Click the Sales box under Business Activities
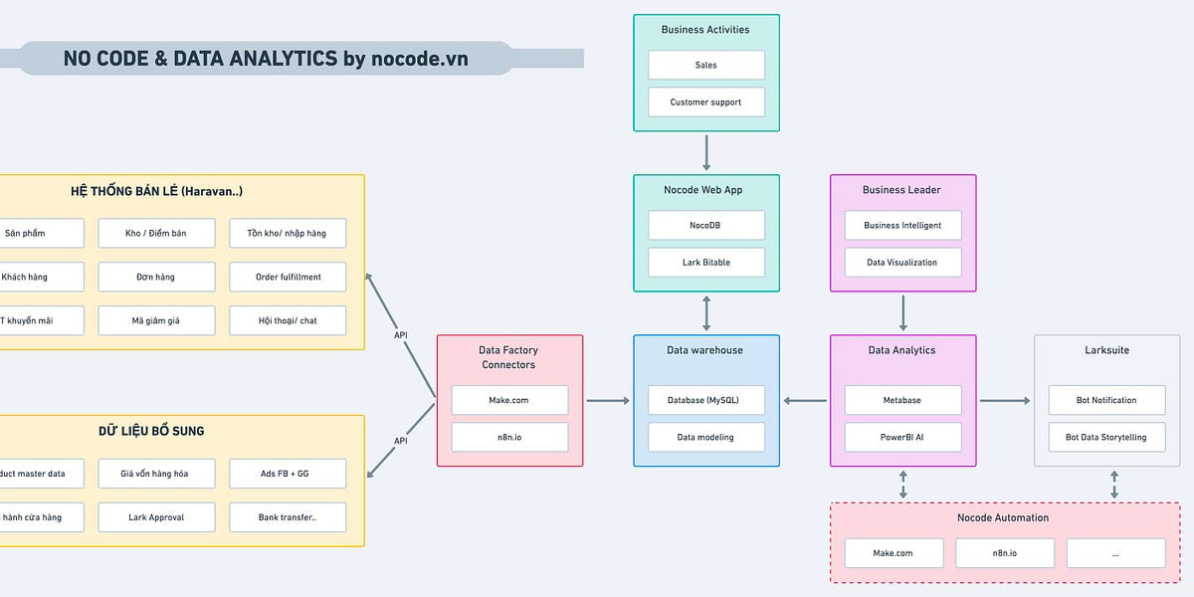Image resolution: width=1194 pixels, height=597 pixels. pos(706,66)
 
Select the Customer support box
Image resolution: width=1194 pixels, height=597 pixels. pos(706,102)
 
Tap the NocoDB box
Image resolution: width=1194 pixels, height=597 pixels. pos(706,226)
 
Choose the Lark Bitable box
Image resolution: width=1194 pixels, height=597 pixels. pos(706,263)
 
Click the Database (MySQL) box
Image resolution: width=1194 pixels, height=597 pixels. pos(706,400)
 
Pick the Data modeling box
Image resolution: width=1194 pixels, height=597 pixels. pos(706,437)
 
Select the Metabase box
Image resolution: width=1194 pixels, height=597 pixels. pos(902,400)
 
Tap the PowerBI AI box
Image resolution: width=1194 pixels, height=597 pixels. pos(902,437)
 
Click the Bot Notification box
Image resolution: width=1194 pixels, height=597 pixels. pos(1106,400)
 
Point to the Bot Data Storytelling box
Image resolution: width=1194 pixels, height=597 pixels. pos(1106,437)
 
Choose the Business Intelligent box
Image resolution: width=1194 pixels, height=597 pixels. pos(902,226)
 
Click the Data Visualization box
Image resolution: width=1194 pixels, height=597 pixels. pos(902,263)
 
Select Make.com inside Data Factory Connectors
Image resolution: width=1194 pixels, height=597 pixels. pos(509,400)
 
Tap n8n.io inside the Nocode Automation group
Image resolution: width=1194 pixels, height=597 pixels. pos(1005,553)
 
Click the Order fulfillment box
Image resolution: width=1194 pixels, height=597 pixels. pos(288,277)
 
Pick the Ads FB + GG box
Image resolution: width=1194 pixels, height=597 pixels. pos(288,474)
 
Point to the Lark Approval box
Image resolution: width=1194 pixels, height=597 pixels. pos(156,517)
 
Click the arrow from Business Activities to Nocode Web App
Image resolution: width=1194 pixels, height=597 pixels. pos(706,152)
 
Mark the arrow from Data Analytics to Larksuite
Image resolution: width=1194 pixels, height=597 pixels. pos(1005,401)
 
